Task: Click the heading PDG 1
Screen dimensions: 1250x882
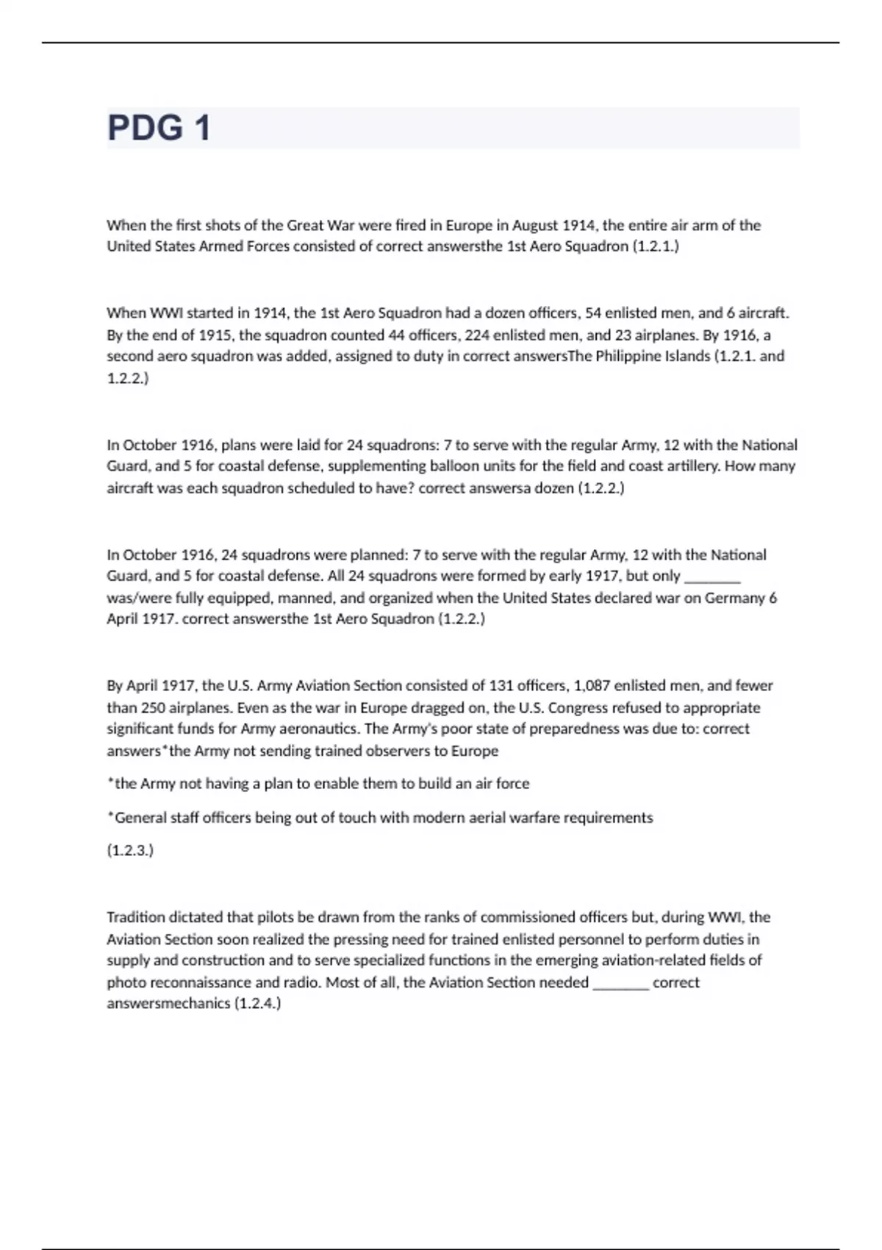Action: click(x=159, y=128)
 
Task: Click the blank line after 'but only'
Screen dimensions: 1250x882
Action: click(x=711, y=576)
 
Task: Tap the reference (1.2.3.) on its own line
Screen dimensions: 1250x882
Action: click(x=130, y=850)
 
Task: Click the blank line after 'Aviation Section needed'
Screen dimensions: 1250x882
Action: click(x=620, y=983)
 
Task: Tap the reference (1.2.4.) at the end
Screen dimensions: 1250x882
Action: click(x=257, y=1004)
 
